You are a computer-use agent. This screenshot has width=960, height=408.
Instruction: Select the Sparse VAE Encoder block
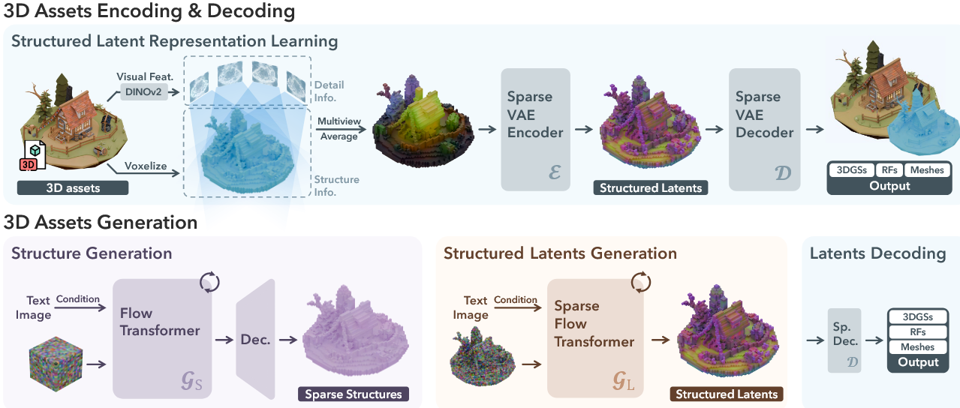pyautogui.click(x=535, y=128)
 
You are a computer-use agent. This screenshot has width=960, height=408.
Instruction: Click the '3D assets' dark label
pyautogui.click(x=73, y=187)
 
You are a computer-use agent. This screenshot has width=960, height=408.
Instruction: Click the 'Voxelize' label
pyautogui.click(x=146, y=166)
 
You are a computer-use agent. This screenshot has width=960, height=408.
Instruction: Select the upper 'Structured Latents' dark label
pyautogui.click(x=651, y=187)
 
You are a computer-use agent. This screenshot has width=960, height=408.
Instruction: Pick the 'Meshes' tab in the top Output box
pyautogui.click(x=927, y=170)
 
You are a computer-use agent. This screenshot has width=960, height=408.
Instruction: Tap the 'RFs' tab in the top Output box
pyautogui.click(x=888, y=170)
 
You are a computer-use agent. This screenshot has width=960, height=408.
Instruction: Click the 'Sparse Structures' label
pyautogui.click(x=353, y=394)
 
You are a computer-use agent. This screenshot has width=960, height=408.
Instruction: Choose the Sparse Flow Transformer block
pyautogui.click(x=596, y=338)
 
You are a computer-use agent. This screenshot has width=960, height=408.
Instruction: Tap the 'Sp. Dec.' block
pyautogui.click(x=844, y=340)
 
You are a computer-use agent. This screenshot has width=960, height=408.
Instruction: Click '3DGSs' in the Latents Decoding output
pyautogui.click(x=918, y=317)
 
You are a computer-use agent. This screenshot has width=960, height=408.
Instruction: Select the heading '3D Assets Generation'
pyautogui.click(x=101, y=222)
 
